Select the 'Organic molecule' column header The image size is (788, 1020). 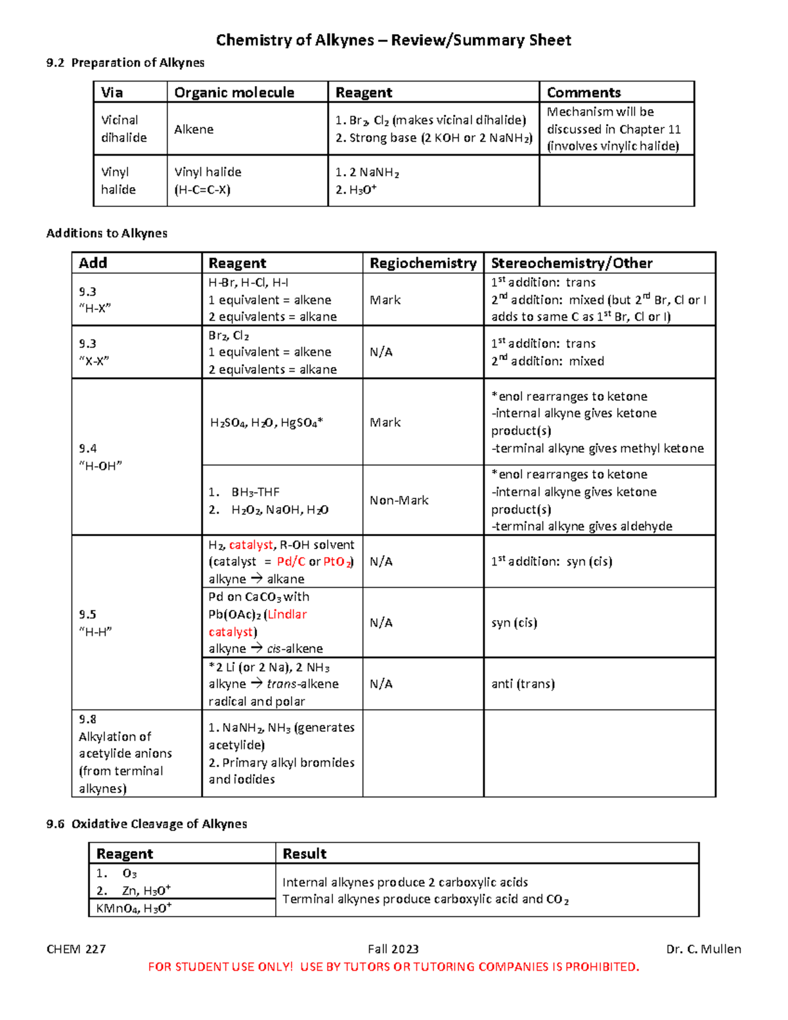tap(234, 93)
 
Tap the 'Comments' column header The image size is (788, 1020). tap(583, 93)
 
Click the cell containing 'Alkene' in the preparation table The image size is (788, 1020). tap(194, 129)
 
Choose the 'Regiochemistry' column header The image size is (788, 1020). tap(423, 263)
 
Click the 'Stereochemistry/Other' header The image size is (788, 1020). tap(571, 263)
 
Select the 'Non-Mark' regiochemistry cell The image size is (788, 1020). tap(399, 500)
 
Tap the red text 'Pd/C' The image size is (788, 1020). tap(291, 562)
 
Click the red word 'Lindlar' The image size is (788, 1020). tap(287, 615)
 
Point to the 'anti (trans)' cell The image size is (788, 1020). tap(523, 684)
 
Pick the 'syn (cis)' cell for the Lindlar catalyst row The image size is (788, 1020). tap(514, 623)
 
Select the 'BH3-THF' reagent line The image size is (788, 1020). tap(255, 492)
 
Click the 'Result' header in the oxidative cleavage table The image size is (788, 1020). tap(304, 854)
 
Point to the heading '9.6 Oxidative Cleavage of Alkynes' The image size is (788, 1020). tap(146, 824)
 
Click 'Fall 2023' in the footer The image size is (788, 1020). tap(393, 949)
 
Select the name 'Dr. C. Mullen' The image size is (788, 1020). tap(703, 949)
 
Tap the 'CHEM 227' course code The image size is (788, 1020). tap(76, 949)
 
